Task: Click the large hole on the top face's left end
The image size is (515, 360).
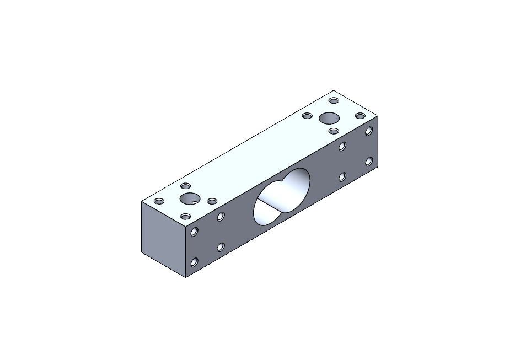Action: click(x=189, y=198)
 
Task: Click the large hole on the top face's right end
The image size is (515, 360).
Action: click(x=330, y=118)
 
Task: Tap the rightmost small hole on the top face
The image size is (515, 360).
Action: click(x=360, y=116)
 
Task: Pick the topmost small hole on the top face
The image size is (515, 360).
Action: click(x=333, y=100)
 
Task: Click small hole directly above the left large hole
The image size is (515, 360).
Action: click(x=186, y=186)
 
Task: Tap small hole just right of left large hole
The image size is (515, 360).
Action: click(x=212, y=201)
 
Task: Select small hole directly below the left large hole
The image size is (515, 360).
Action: click(x=187, y=216)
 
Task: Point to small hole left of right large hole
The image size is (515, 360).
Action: click(x=307, y=116)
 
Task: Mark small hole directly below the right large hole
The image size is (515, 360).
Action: click(x=334, y=131)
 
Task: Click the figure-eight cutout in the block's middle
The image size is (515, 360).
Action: click(x=282, y=197)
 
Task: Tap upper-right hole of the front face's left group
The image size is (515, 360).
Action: click(x=221, y=217)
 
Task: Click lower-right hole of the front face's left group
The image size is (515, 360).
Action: click(x=221, y=247)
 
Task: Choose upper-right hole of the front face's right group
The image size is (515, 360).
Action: click(x=369, y=132)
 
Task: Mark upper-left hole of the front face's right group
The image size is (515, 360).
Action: click(x=342, y=147)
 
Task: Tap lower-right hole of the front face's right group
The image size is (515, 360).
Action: click(x=369, y=162)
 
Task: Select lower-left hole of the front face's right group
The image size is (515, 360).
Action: click(x=342, y=177)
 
